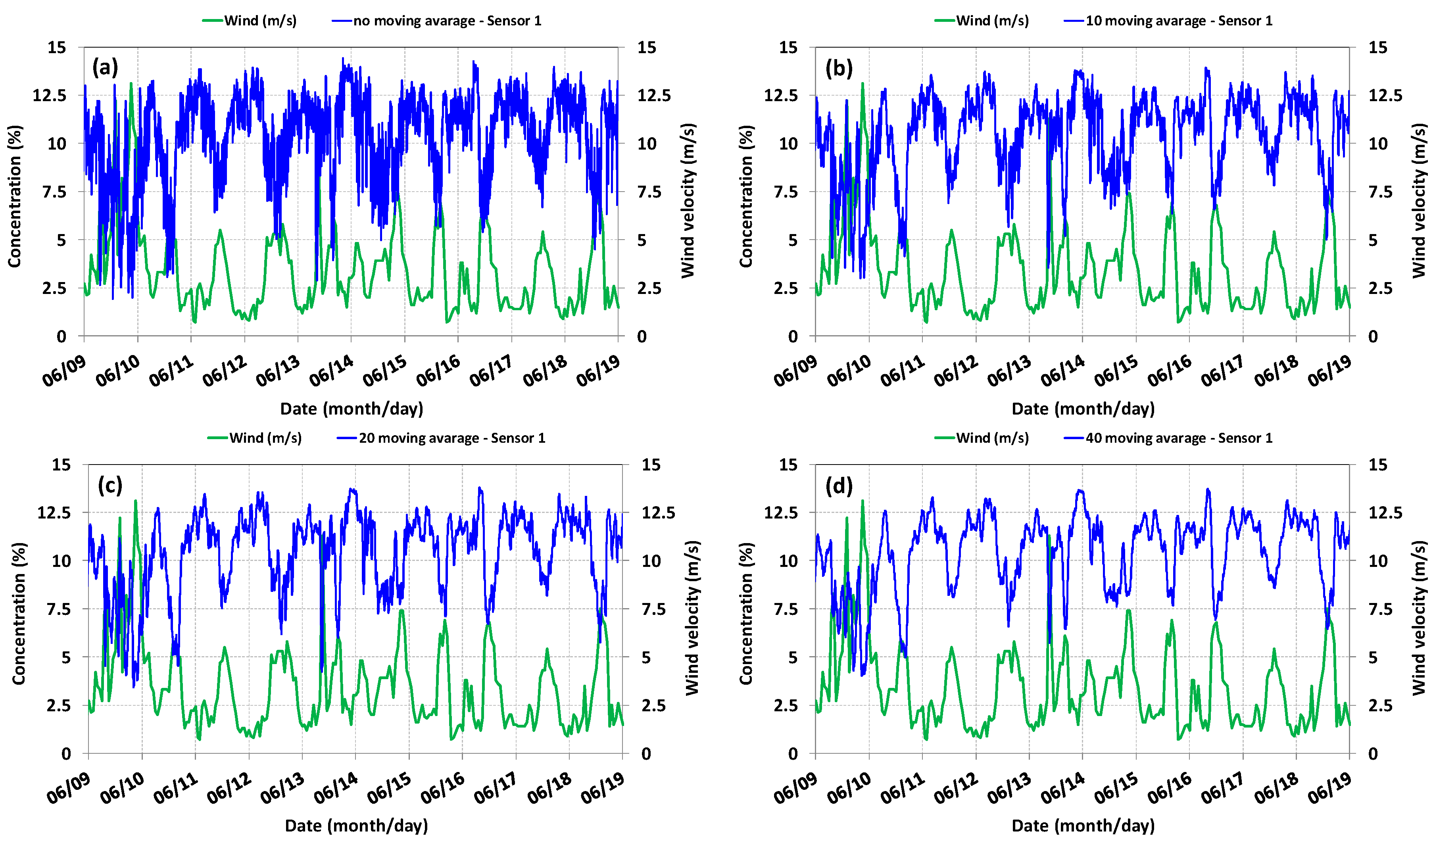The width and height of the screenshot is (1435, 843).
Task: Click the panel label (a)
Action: tap(105, 68)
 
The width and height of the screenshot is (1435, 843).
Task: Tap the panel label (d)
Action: tap(838, 486)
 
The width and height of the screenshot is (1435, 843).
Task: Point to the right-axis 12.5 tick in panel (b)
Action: tap(1385, 96)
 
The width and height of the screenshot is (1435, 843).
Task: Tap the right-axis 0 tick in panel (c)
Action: tap(646, 754)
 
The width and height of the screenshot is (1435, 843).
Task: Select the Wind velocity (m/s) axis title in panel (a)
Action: tap(688, 200)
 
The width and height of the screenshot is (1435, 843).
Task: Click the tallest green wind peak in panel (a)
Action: tap(131, 84)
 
